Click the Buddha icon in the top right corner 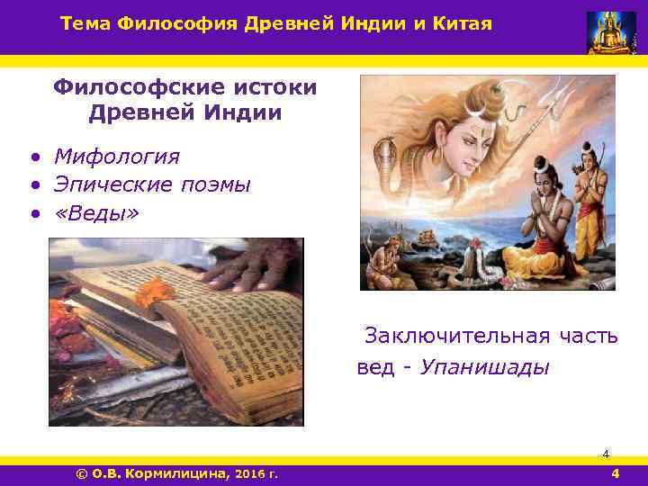pyautogui.click(x=611, y=31)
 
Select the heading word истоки pyautogui.click(x=271, y=87)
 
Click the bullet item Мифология pyautogui.click(x=117, y=157)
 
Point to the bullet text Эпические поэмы pyautogui.click(x=151, y=184)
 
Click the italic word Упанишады pyautogui.click(x=484, y=368)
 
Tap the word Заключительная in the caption pyautogui.click(x=456, y=337)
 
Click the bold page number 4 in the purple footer pyautogui.click(x=615, y=474)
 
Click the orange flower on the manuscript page pyautogui.click(x=154, y=291)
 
